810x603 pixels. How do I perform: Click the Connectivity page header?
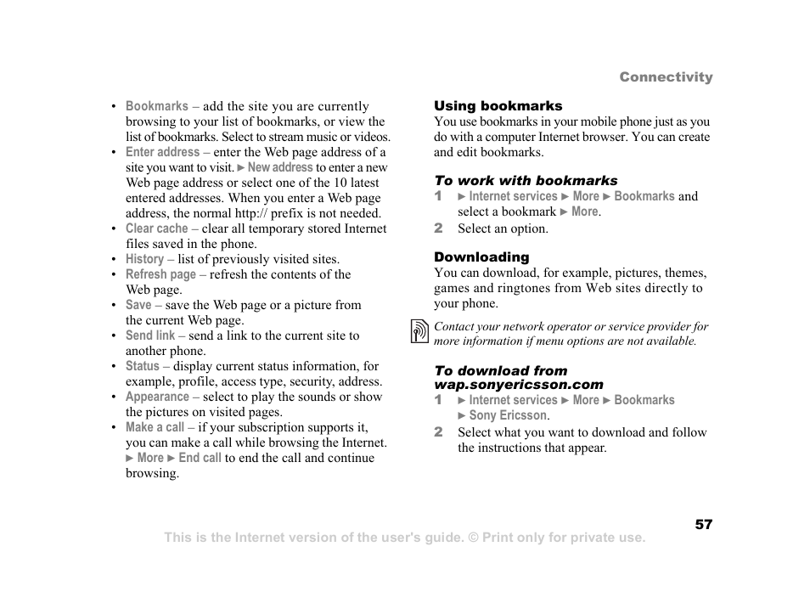click(666, 77)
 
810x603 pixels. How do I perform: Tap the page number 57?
click(703, 525)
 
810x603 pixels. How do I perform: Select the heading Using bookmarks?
click(498, 106)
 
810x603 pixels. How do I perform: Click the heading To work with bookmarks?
click(526, 181)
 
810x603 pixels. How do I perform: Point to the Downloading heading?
click(481, 257)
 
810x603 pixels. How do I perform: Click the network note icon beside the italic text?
click(419, 331)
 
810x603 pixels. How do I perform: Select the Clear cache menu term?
click(157, 228)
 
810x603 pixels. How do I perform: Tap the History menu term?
click(144, 259)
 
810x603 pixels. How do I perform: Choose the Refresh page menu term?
click(160, 274)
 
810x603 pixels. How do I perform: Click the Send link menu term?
click(150, 335)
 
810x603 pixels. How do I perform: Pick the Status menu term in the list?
click(143, 366)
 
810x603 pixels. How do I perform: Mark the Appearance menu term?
click(157, 397)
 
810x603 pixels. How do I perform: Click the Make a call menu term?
click(155, 427)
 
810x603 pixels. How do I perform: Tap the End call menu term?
click(200, 458)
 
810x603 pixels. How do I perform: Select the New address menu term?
click(280, 167)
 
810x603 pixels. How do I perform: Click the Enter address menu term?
click(162, 152)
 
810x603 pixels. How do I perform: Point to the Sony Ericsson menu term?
click(508, 415)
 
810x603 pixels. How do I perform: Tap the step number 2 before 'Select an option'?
click(439, 228)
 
